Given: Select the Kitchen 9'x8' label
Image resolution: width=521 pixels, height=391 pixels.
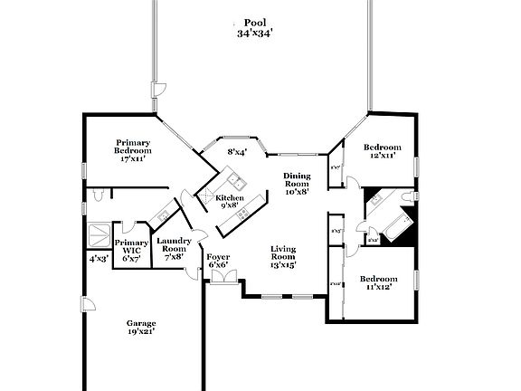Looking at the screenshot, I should pyautogui.click(x=229, y=201).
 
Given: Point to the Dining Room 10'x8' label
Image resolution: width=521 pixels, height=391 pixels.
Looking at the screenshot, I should pyautogui.click(x=297, y=183).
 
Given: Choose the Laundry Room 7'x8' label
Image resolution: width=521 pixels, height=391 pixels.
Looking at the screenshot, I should pyautogui.click(x=174, y=248).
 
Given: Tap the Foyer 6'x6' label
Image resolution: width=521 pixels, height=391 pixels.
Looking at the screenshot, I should pyautogui.click(x=217, y=262).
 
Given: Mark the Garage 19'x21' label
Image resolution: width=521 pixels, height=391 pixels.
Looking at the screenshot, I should pyautogui.click(x=140, y=328).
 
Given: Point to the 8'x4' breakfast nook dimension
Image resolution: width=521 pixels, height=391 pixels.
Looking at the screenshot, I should pyautogui.click(x=237, y=152).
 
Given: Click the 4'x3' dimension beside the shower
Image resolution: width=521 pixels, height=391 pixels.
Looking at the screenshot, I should pyautogui.click(x=97, y=259).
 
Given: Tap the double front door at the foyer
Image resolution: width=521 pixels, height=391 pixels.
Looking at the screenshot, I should pyautogui.click(x=218, y=281).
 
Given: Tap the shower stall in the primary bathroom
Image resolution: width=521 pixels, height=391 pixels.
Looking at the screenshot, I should pyautogui.click(x=97, y=234).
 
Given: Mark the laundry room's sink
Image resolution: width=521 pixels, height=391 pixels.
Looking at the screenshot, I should pyautogui.click(x=163, y=215).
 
